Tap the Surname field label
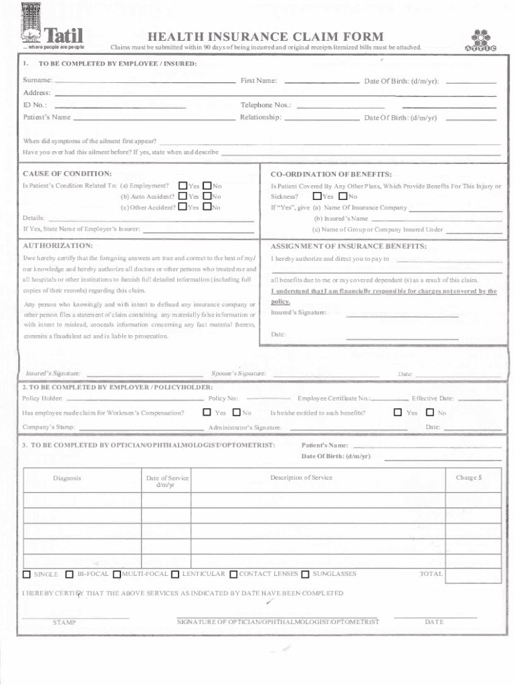37,81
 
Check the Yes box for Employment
183,185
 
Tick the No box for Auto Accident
207,196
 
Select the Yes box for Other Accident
183,207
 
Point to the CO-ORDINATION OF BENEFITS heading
331,174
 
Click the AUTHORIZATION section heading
58,246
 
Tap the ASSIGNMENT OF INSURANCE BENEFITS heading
348,246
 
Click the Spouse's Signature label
239,373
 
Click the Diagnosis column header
67,478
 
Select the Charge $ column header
469,478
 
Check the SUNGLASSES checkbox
306,574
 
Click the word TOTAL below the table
431,574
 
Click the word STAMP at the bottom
64,622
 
